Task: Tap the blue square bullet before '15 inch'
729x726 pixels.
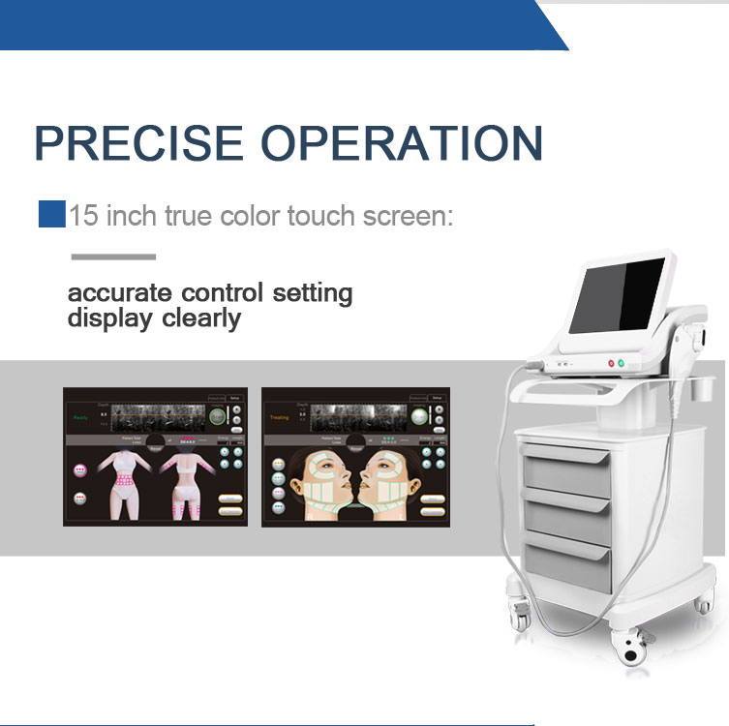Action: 51,214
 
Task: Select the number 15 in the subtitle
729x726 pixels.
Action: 83,214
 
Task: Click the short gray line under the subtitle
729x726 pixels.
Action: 113,257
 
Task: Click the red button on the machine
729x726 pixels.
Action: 611,364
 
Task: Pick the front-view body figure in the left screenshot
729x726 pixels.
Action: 126,484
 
